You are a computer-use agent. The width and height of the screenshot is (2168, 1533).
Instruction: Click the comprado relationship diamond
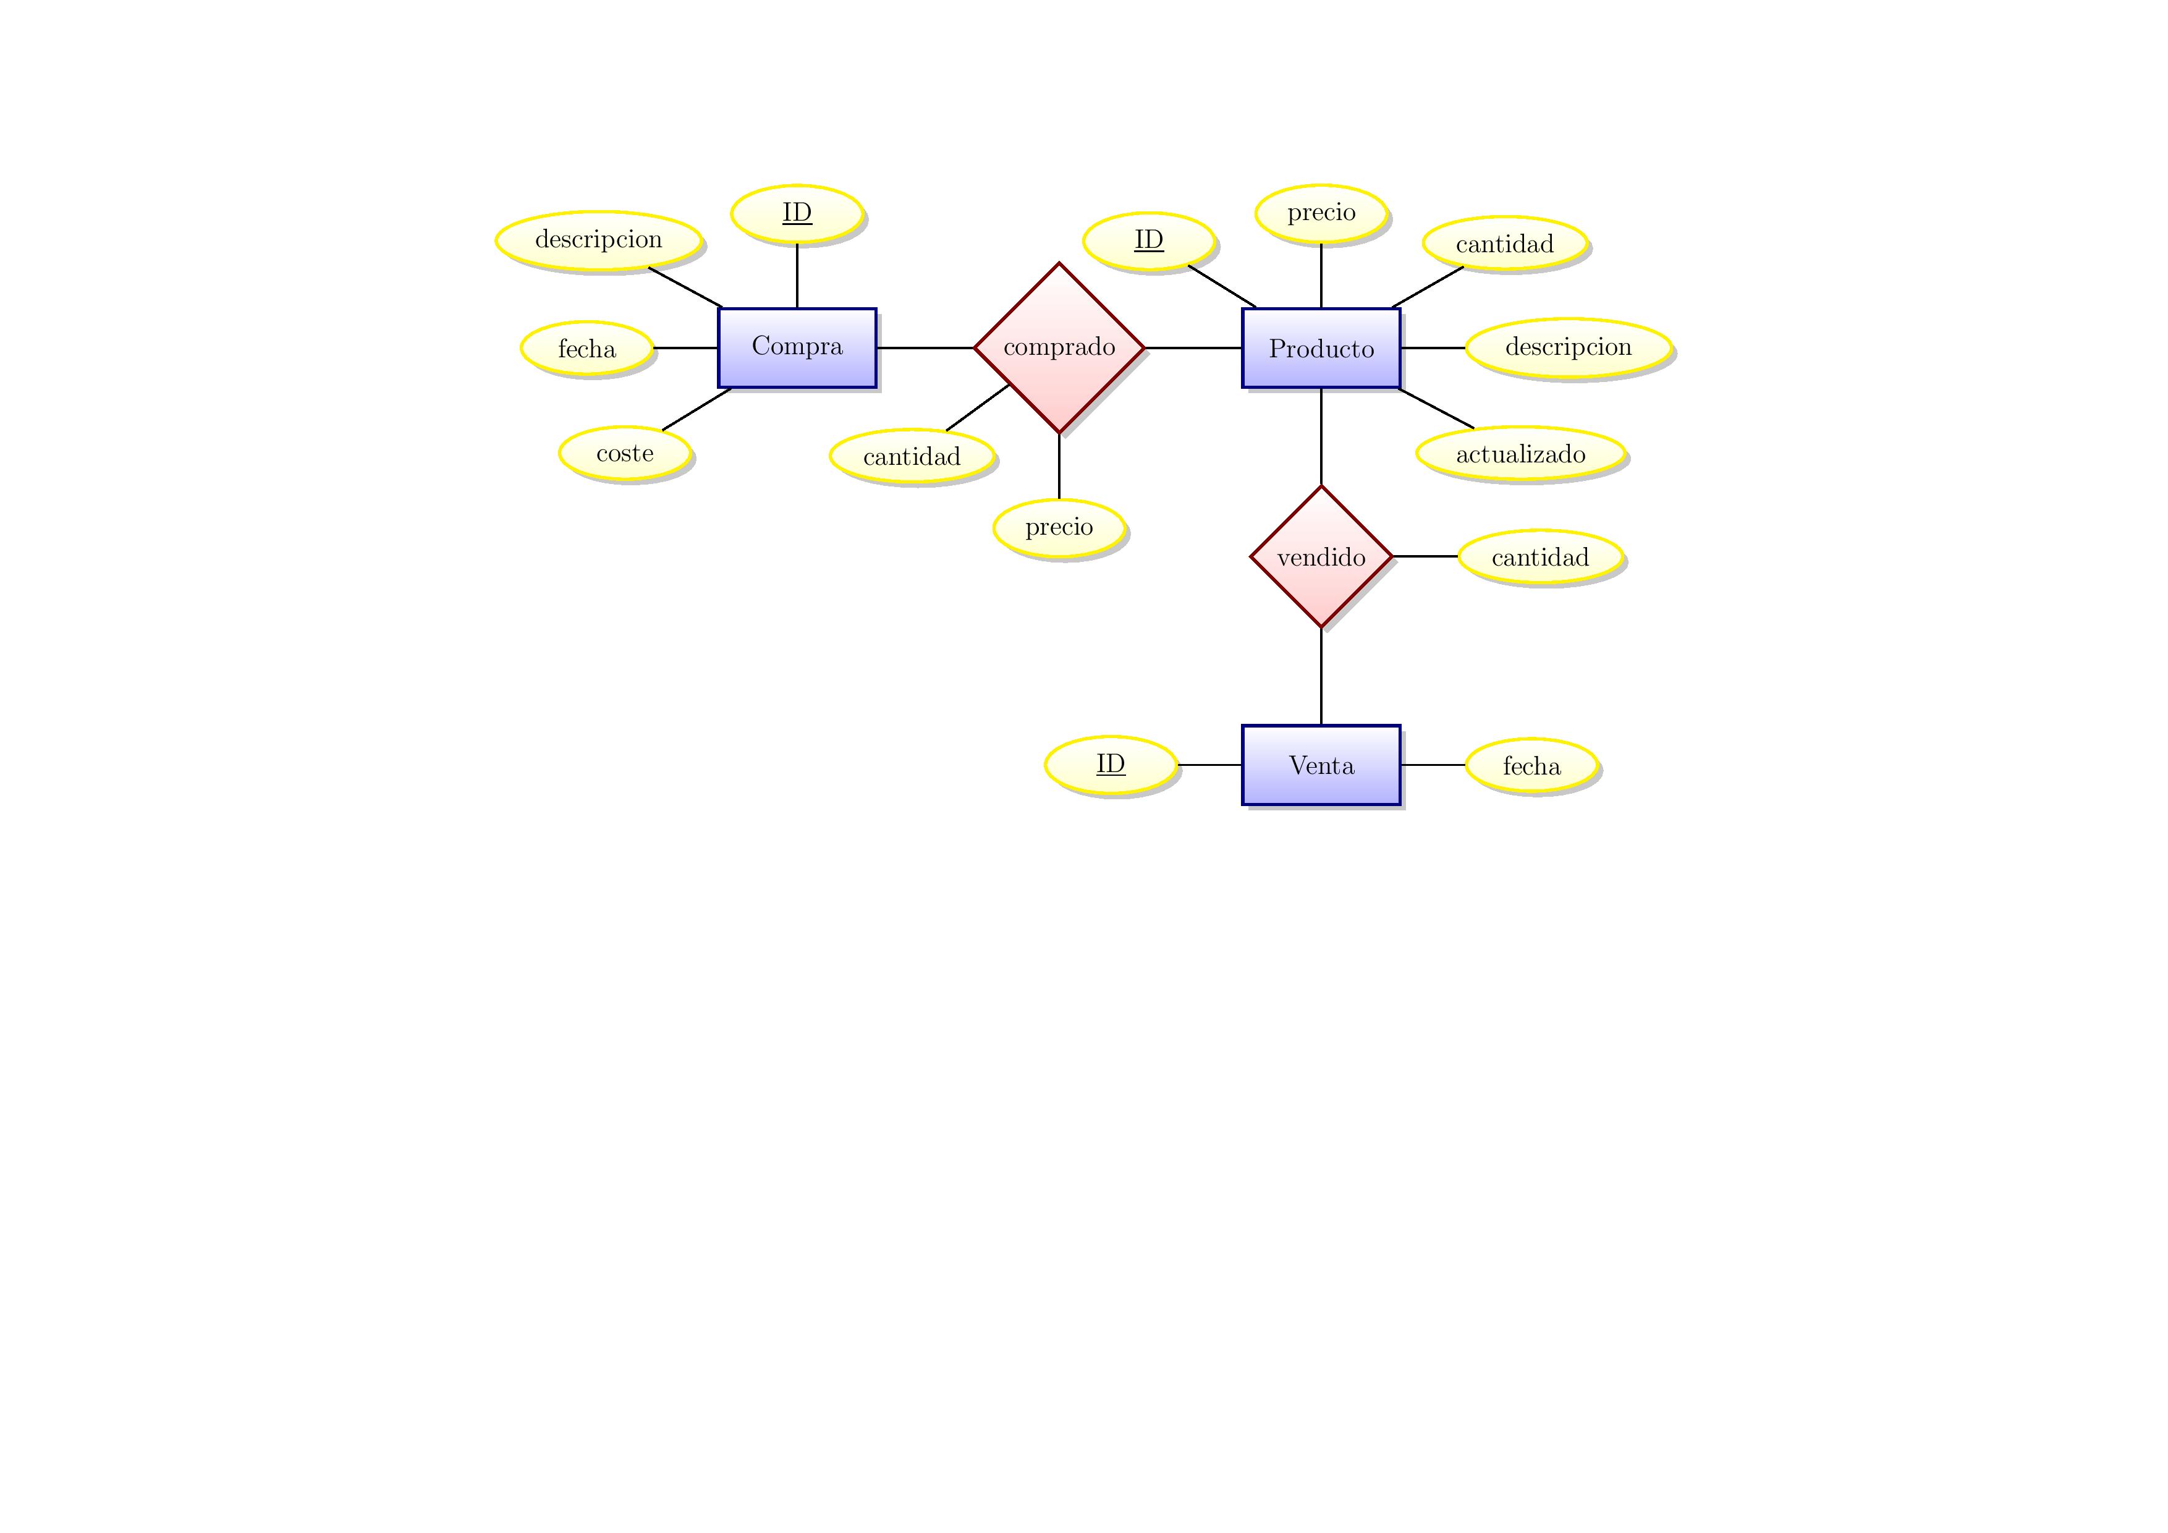coord(1059,347)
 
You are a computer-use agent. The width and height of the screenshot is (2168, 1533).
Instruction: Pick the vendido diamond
coord(1320,556)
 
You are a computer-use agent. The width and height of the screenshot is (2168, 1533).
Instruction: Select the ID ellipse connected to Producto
coord(1148,241)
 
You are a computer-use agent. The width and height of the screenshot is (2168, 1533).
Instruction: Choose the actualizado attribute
coord(1520,454)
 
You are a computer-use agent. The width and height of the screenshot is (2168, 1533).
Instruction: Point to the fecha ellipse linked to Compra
coord(586,349)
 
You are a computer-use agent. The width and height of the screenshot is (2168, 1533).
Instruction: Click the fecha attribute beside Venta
coord(1531,765)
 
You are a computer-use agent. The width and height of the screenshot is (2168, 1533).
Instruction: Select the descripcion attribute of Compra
coord(599,240)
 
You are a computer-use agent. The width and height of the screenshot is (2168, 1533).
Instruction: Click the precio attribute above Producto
coord(1320,213)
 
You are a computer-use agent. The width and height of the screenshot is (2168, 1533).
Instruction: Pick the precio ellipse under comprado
coord(1059,527)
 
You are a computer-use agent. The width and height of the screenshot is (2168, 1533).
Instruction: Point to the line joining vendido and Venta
coord(1320,676)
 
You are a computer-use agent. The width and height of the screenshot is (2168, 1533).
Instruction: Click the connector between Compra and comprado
coord(925,347)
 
